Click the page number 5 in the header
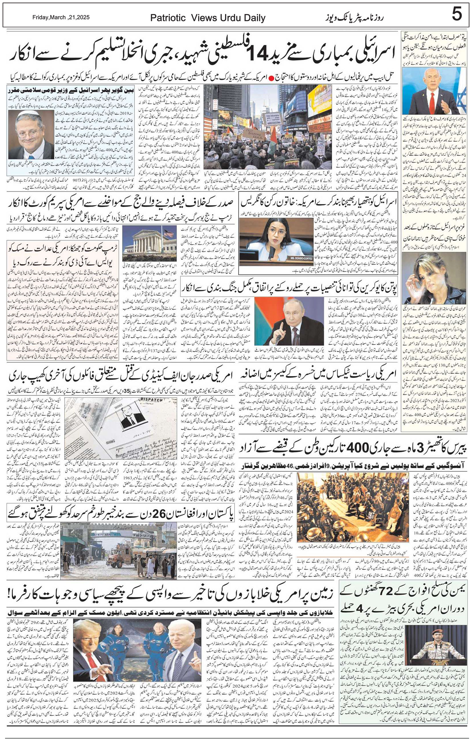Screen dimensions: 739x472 point(457,14)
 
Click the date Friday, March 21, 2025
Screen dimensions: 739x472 point(61,17)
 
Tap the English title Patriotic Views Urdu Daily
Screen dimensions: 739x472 point(207,18)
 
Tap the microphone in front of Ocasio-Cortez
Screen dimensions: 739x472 point(272,252)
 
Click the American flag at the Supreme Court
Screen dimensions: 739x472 point(168,232)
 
